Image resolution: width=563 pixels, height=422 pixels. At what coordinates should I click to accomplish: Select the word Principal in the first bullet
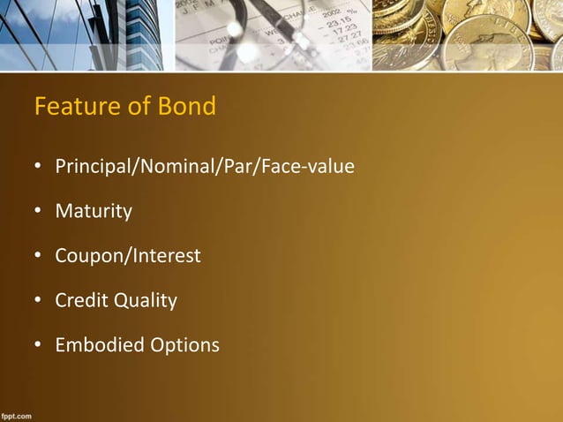tap(92, 166)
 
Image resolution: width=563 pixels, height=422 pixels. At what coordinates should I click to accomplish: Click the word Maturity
tap(94, 212)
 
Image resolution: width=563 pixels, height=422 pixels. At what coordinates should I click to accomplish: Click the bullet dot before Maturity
tap(38, 212)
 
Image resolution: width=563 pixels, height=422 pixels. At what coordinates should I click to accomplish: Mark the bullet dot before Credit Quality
tap(38, 301)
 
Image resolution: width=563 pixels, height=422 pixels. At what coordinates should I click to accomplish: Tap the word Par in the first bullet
tap(234, 166)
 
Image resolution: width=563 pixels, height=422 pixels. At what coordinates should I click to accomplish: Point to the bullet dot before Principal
tap(38, 167)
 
